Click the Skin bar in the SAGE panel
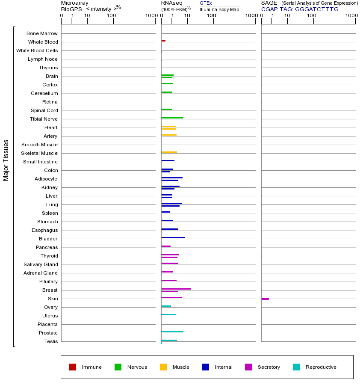tap(265, 299)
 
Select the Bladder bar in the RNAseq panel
tap(173, 237)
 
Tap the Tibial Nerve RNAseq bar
tap(172, 118)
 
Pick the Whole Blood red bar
tap(163, 41)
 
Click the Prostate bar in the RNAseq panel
tap(172, 332)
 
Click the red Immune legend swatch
tap(73, 367)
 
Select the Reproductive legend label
tap(321, 367)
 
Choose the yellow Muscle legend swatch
tap(163, 367)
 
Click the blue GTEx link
tap(206, 3)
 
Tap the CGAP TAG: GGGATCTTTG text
tap(300, 9)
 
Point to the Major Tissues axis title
tap(6, 160)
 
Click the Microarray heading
tap(75, 3)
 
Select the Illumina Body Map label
tap(219, 9)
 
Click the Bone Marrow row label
tap(42, 33)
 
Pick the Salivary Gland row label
tap(41, 264)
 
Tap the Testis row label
tap(51, 341)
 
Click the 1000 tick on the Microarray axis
tap(151, 16)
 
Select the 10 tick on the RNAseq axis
tap(187, 16)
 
